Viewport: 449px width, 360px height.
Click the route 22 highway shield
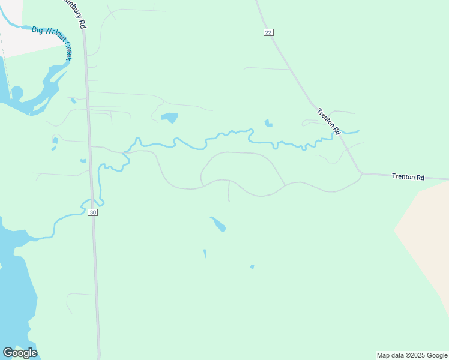pos(268,32)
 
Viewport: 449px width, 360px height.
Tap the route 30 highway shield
pos(92,212)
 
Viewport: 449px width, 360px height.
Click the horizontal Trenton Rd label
pos(408,177)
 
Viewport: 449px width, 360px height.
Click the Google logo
pos(20,353)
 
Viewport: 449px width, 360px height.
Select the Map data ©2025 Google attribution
pos(412,355)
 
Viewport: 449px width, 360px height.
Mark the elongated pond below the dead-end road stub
pos(218,224)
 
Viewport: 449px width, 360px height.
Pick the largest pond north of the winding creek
pos(170,118)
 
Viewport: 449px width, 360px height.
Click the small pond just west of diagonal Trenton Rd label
pos(268,124)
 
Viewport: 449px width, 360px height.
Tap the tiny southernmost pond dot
pos(252,267)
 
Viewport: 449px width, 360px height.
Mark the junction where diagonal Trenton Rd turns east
pos(361,173)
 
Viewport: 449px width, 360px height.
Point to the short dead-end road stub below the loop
pos(229,191)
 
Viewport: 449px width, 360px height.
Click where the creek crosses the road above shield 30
pos(92,200)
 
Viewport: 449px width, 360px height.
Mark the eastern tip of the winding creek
pos(358,131)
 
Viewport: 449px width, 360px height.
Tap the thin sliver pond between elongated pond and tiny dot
pos(205,254)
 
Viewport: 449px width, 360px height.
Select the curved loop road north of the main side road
pos(240,153)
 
